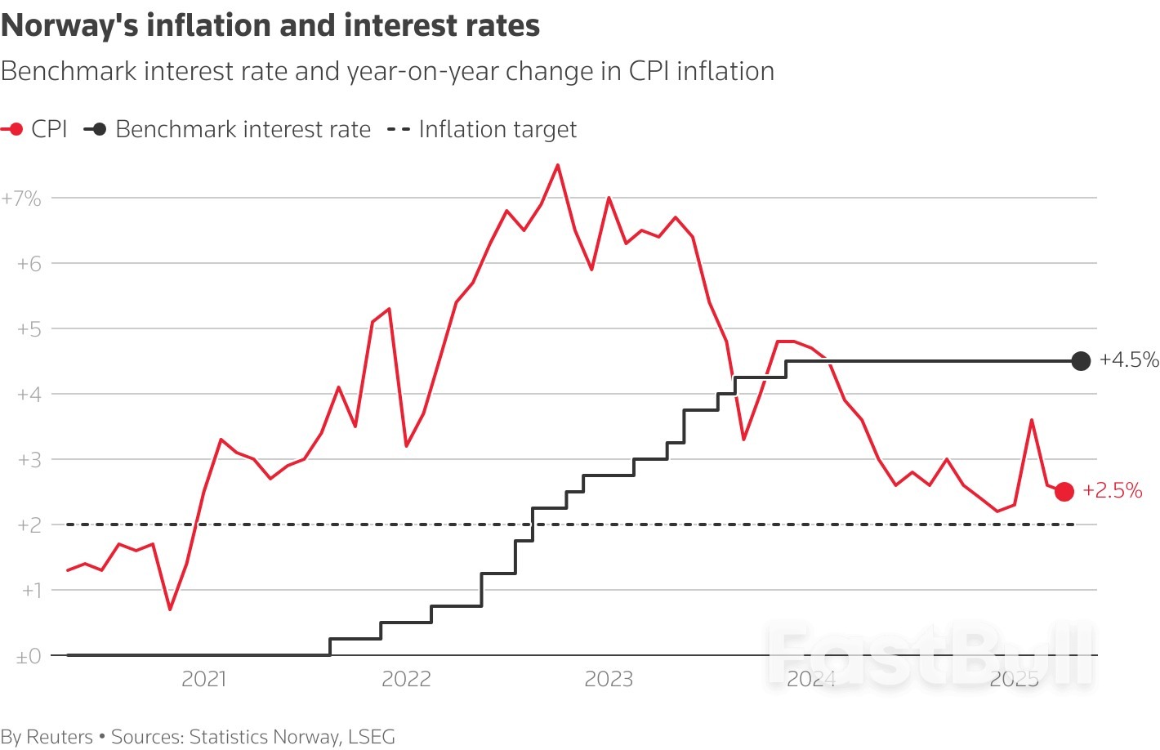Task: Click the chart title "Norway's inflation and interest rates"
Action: [x=270, y=26]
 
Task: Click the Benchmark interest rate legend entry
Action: [x=229, y=129]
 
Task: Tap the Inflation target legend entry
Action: [x=482, y=129]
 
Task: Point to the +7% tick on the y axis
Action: [x=21, y=199]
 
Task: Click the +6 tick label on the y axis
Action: [x=29, y=264]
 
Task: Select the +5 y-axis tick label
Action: [x=29, y=329]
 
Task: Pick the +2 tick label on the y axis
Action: [x=29, y=525]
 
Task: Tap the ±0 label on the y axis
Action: [x=28, y=656]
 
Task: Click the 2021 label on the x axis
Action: [x=203, y=679]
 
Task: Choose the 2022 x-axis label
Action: [x=406, y=679]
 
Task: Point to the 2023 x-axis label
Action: [x=609, y=679]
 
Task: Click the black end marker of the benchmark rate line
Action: [x=1081, y=360]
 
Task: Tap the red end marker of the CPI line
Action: [x=1064, y=491]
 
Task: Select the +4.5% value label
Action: [x=1129, y=359]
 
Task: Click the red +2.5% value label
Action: [x=1112, y=490]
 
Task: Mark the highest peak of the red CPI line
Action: [x=558, y=165]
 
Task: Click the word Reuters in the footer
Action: [x=60, y=737]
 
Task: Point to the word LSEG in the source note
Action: [x=372, y=737]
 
